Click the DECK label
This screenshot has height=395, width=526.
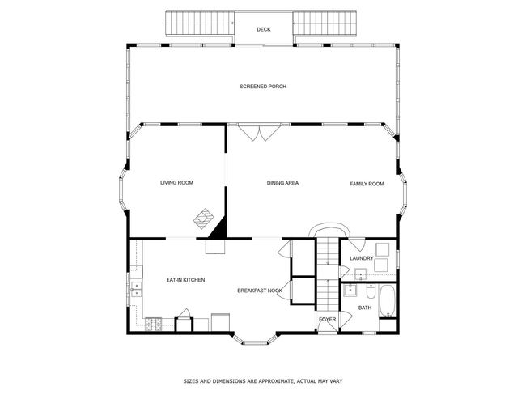264,29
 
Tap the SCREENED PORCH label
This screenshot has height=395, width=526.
263,87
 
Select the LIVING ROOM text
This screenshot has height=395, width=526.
176,183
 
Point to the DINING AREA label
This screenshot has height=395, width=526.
282,183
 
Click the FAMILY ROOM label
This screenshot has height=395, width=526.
367,184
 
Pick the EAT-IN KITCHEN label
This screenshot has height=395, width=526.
185,280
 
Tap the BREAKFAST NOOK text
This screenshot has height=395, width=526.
260,291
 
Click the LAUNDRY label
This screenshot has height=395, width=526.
362,258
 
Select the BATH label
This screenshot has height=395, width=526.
365,308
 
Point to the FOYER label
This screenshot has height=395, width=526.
328,319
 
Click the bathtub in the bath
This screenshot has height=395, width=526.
388,301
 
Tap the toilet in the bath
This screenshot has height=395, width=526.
371,291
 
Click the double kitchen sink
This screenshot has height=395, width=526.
137,290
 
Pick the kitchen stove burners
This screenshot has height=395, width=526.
153,325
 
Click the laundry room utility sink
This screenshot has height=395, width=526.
360,274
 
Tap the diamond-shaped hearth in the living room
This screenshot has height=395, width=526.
203,219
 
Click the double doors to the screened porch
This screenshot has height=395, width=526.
259,133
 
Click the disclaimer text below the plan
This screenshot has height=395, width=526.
263,381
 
